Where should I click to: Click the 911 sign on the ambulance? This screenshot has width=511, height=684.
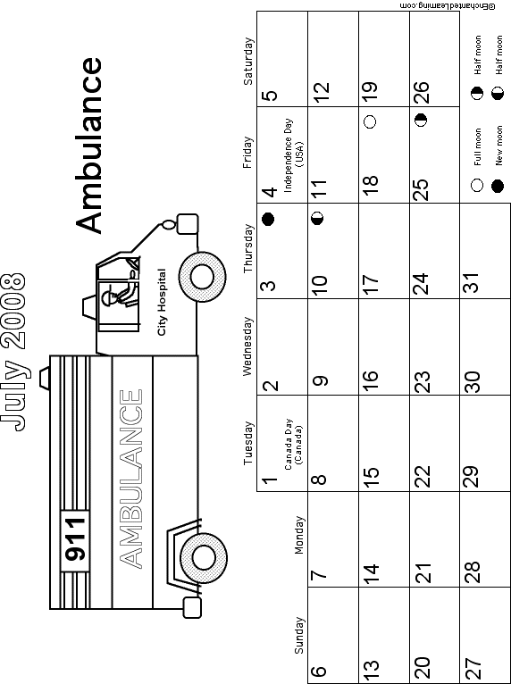pyautogui.click(x=75, y=540)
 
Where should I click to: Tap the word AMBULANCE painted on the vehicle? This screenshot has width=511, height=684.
pyautogui.click(x=130, y=479)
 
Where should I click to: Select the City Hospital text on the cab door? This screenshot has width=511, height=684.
pyautogui.click(x=162, y=302)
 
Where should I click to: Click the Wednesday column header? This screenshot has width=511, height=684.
pyautogui.click(x=247, y=346)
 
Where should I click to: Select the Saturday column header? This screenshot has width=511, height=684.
pyautogui.click(x=247, y=61)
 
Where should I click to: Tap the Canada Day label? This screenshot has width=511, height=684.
pyautogui.click(x=294, y=445)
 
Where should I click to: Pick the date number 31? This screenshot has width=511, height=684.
pyautogui.click(x=472, y=282)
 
